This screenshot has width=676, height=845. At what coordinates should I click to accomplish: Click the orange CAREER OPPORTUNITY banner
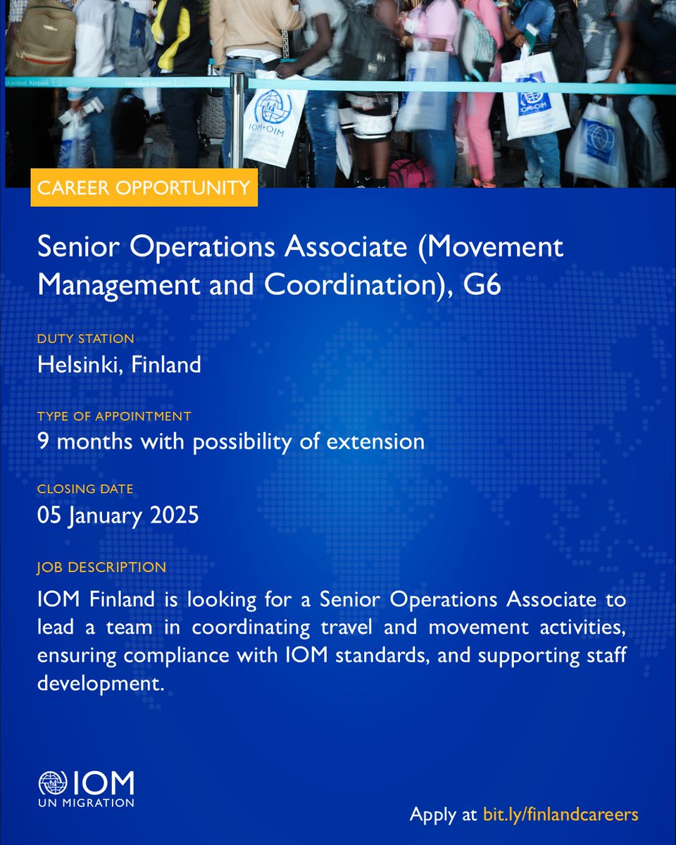tap(144, 187)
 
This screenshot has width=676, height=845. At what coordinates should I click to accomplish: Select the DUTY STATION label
tap(85, 339)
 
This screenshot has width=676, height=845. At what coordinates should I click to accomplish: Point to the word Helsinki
tap(77, 365)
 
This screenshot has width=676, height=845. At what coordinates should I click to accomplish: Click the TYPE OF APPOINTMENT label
tap(114, 416)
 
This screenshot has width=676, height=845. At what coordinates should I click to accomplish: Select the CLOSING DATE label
tap(85, 489)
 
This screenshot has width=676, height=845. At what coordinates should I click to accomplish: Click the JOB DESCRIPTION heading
tap(101, 567)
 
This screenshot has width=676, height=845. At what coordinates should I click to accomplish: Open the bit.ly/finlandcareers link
tap(561, 815)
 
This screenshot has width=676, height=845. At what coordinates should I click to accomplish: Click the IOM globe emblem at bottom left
tap(53, 784)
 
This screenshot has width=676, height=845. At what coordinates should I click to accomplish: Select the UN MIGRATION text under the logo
tap(86, 802)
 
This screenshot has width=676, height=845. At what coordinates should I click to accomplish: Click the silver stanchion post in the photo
tap(237, 120)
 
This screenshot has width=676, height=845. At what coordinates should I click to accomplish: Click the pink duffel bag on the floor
tap(411, 173)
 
